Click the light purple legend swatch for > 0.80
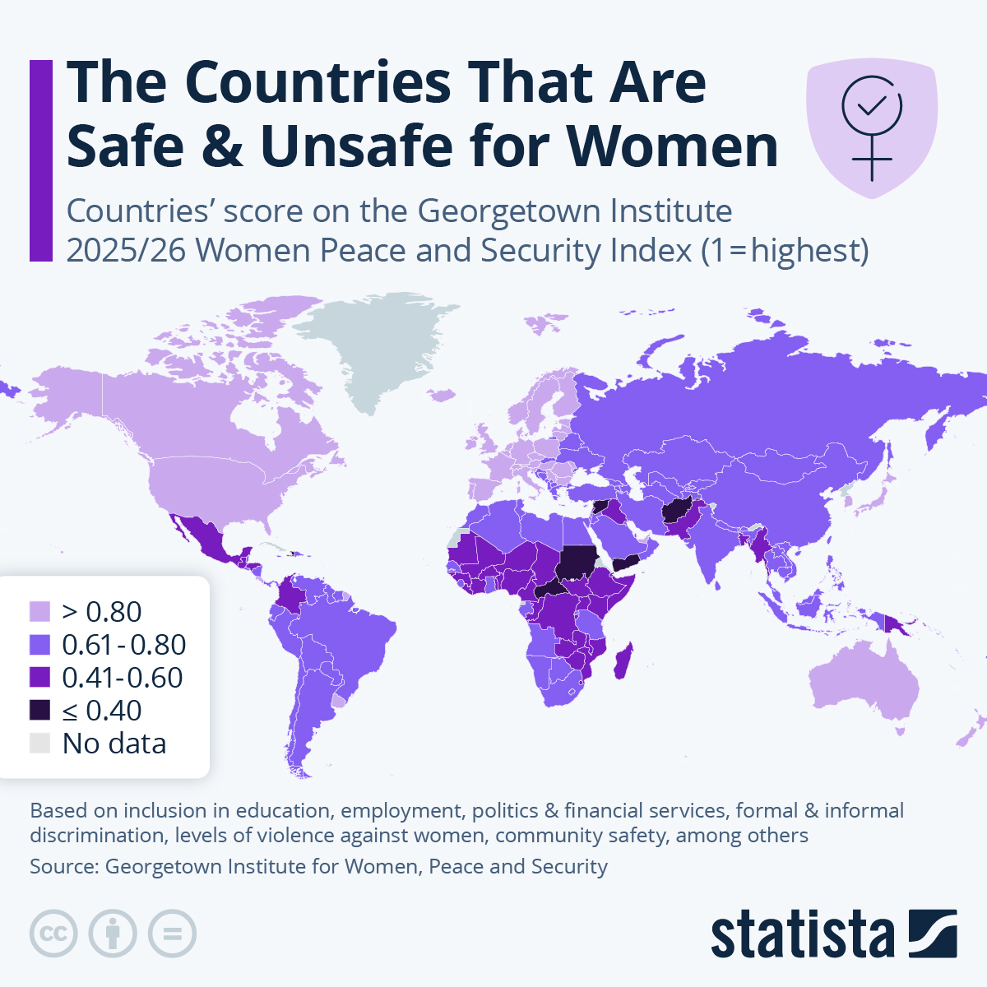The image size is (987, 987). [x=39, y=611]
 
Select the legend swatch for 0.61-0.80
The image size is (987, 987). [x=39, y=644]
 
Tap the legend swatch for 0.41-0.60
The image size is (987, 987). [x=39, y=677]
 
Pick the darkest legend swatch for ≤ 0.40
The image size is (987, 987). [x=39, y=710]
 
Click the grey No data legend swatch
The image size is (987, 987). [x=39, y=743]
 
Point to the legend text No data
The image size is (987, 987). [x=114, y=744]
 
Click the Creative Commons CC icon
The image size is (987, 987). [x=53, y=934]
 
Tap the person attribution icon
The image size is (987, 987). [x=113, y=934]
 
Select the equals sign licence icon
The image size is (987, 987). [x=172, y=934]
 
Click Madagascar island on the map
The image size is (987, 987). [x=624, y=662]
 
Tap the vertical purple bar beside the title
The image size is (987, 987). [x=41, y=160]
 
